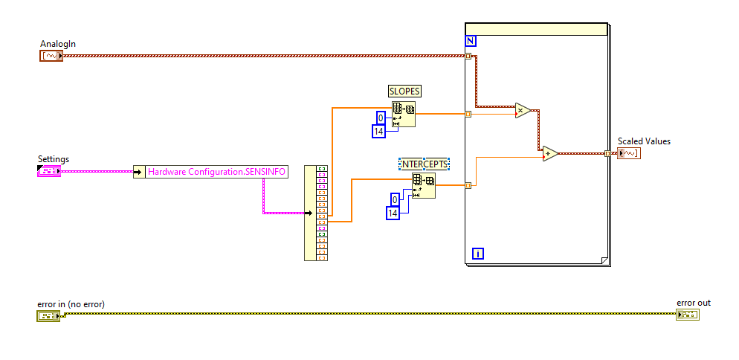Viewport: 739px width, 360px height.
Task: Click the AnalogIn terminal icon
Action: [x=51, y=55]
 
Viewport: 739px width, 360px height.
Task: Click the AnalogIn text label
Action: [x=58, y=44]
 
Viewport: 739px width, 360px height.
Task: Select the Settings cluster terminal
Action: [x=48, y=171]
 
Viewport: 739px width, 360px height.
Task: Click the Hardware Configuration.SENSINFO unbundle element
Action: [x=216, y=172]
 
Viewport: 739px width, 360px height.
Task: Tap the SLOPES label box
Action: [x=404, y=91]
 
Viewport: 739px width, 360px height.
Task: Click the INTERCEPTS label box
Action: [x=425, y=164]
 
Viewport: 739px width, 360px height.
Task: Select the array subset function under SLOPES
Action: [x=404, y=115]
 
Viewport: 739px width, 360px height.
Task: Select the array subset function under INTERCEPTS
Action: [x=424, y=186]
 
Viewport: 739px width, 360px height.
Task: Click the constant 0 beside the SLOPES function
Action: [x=381, y=118]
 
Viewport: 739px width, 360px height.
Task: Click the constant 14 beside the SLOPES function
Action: [x=379, y=132]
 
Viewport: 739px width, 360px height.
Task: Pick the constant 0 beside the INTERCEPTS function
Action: [x=395, y=199]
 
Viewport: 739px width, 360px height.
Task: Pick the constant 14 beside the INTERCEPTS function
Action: [x=393, y=213]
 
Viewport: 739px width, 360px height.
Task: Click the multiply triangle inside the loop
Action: [x=523, y=111]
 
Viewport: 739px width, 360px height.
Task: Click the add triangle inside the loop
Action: [x=550, y=154]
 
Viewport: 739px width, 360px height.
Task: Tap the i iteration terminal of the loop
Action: [x=478, y=254]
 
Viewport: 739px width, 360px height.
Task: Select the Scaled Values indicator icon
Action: [x=628, y=153]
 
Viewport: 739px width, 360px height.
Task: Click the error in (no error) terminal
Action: [x=48, y=315]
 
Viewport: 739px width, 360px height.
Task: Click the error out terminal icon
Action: [x=688, y=315]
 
